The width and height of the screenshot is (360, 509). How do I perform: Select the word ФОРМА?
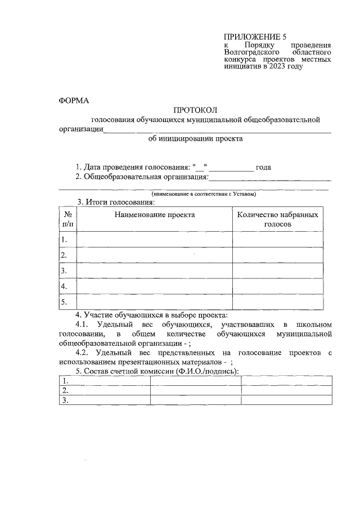(74, 101)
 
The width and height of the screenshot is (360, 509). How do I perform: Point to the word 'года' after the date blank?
(264, 168)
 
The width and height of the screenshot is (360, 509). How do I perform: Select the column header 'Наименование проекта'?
(155, 214)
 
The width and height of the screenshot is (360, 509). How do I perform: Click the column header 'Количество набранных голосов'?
(278, 219)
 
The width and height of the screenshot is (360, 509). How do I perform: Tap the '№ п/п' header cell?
(67, 219)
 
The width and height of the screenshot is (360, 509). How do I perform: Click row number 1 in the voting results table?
(64, 240)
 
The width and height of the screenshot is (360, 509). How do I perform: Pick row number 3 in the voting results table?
(64, 271)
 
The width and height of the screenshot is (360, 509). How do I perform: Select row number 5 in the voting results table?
(64, 302)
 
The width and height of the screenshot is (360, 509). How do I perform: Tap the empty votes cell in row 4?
(278, 286)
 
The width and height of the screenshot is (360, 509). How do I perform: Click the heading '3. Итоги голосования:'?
(116, 202)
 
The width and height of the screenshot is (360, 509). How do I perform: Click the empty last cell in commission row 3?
(286, 400)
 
